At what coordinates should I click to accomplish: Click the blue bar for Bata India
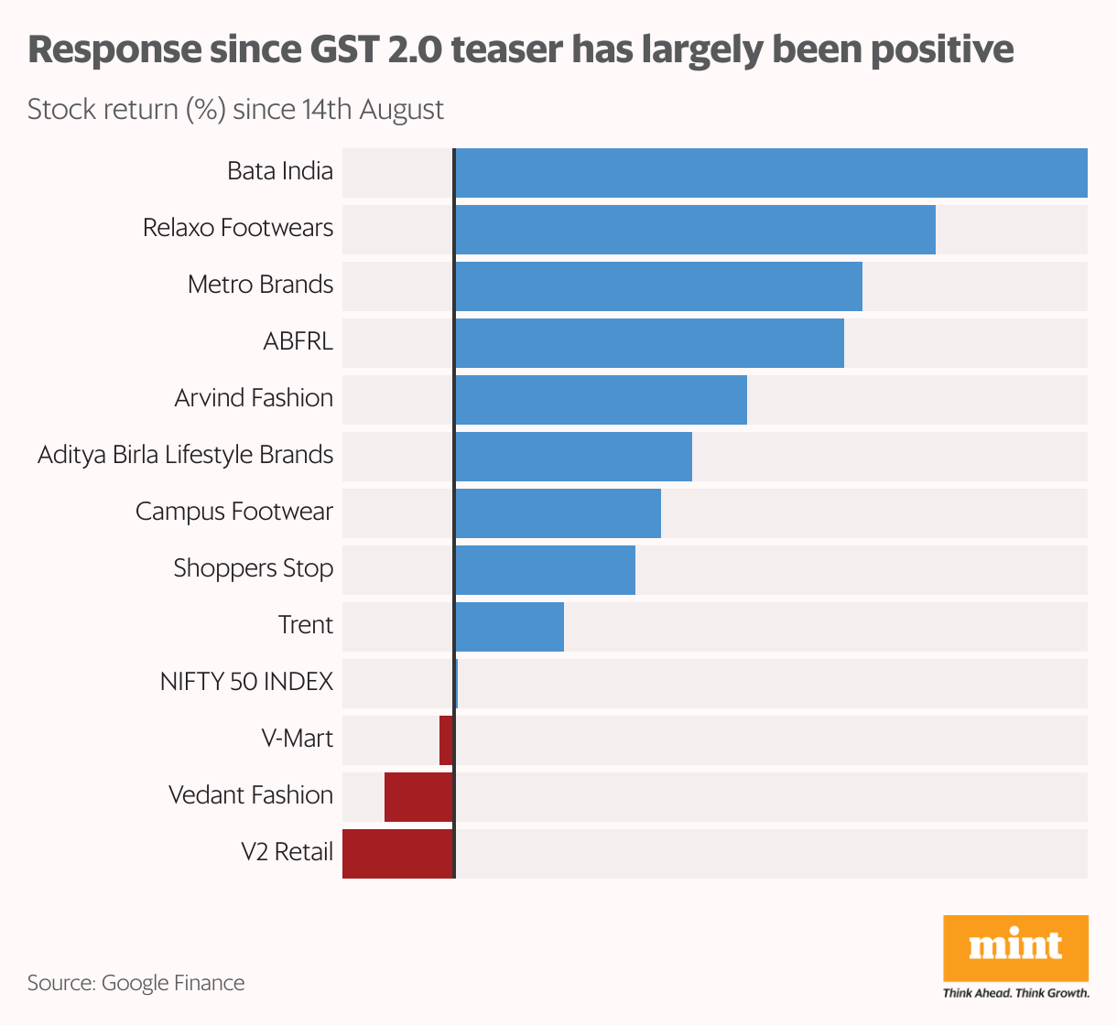click(771, 173)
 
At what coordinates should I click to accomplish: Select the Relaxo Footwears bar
click(695, 230)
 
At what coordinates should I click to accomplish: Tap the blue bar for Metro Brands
click(658, 286)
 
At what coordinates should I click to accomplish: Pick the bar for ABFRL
click(649, 343)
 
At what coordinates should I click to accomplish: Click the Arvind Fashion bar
click(601, 400)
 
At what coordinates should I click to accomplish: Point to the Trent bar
click(509, 627)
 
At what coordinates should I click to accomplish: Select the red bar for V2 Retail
click(397, 854)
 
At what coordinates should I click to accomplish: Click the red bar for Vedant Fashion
click(418, 797)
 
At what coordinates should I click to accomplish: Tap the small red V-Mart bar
click(446, 740)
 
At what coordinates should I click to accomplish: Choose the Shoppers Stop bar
click(545, 570)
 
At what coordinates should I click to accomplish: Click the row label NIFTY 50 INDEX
click(246, 682)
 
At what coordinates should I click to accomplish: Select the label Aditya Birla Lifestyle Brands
click(185, 455)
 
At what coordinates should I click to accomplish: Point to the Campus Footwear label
click(234, 512)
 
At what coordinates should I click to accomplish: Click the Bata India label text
click(280, 171)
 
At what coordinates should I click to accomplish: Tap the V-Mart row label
click(298, 739)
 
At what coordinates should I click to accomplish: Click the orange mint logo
click(1015, 947)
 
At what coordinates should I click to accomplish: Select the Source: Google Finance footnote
click(136, 983)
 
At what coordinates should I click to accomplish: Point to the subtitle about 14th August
click(235, 109)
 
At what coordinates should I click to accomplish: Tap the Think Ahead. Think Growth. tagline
click(1015, 993)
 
